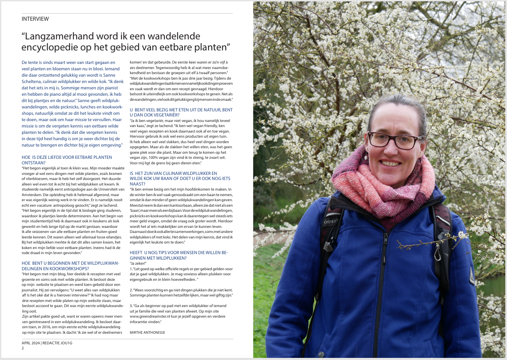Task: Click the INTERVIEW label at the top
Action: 35,19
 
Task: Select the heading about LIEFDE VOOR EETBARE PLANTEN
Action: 67,159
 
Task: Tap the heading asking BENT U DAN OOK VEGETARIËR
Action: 181,112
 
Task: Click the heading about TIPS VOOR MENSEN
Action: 179,255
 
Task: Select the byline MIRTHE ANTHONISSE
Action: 147,332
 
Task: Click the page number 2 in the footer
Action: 23,348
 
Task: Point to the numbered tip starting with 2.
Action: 181,292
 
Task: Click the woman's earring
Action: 366,157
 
